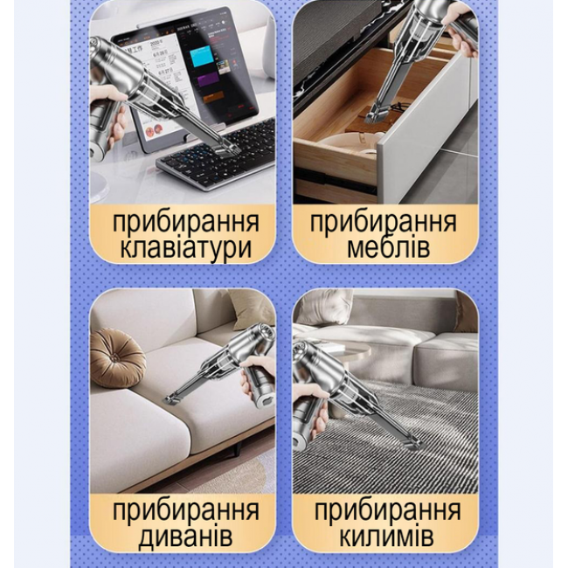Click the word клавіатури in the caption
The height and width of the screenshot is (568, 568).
(x=185, y=247)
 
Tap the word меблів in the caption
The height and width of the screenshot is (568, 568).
(x=388, y=247)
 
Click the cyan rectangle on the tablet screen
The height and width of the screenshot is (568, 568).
(x=201, y=55)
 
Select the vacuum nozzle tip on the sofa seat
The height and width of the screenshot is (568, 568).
(x=171, y=399)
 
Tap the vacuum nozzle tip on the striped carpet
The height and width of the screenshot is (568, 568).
(x=413, y=442)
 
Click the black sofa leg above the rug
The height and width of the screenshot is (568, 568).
(x=238, y=449)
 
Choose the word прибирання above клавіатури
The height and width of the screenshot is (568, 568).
(x=186, y=222)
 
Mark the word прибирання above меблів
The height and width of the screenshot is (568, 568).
(x=384, y=222)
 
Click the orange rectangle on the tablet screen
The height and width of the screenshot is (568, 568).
(x=213, y=97)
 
